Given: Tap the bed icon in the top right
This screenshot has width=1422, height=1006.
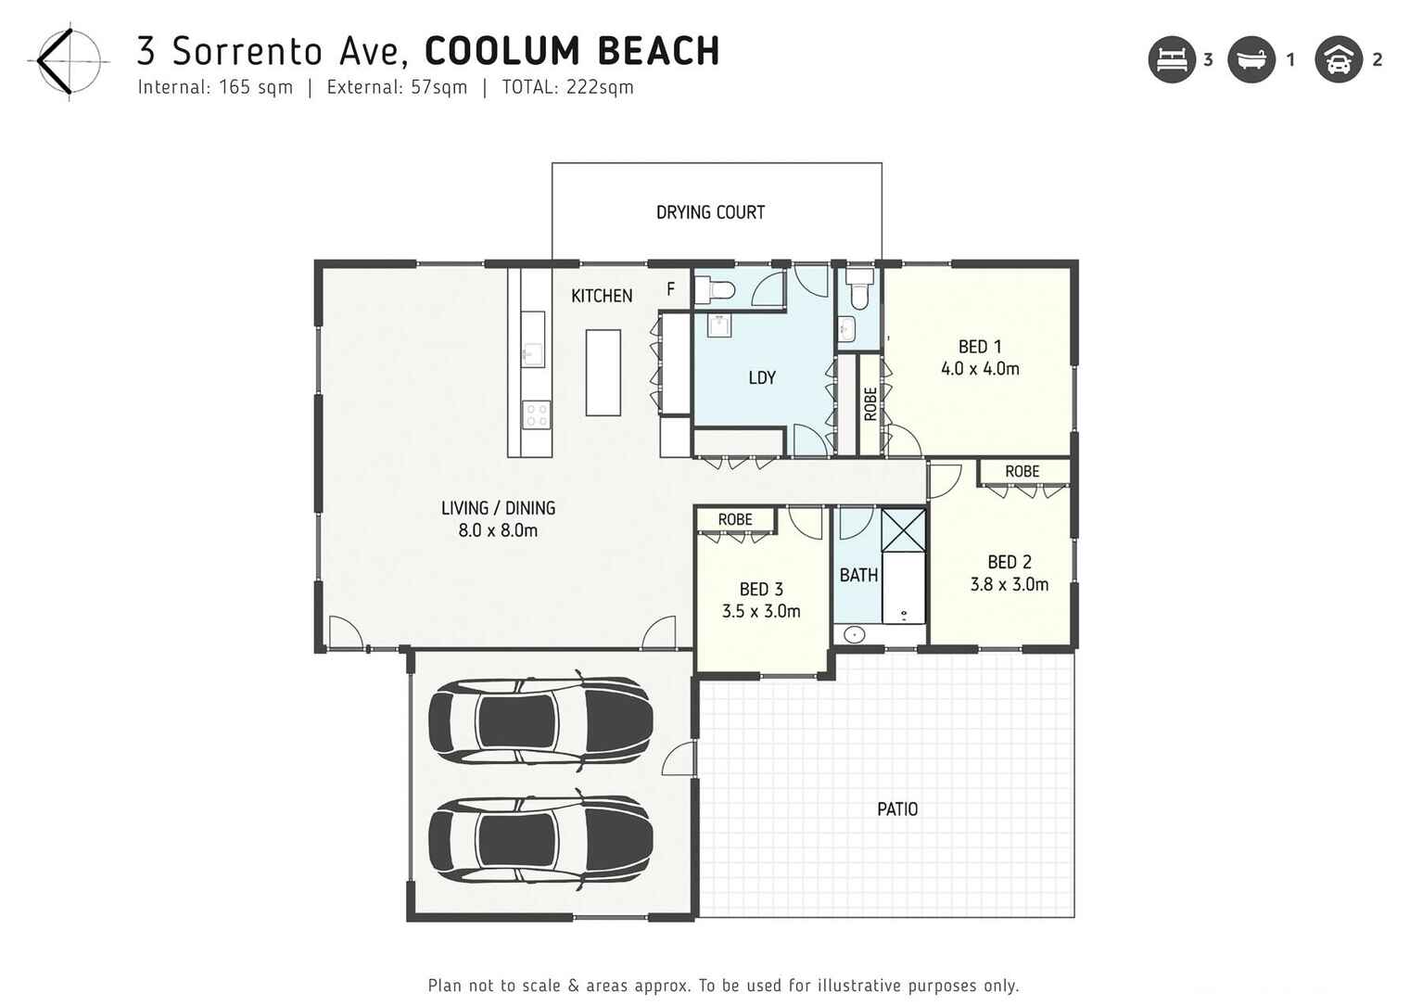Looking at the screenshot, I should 1172,60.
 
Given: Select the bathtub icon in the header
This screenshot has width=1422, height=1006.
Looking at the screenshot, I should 1251,60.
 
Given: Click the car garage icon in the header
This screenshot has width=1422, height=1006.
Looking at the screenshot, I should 1338,60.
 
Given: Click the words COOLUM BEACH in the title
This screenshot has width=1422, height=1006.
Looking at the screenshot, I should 572,51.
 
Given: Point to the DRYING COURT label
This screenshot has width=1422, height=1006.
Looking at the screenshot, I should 710,212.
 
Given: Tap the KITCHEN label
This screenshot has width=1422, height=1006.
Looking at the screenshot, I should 602,296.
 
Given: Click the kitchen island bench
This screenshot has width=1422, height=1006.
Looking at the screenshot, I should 603,373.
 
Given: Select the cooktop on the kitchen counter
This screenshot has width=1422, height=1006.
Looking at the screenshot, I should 536,414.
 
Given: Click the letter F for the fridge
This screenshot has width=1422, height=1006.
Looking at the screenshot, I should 670,289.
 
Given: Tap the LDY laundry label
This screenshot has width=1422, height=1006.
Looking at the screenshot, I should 761,377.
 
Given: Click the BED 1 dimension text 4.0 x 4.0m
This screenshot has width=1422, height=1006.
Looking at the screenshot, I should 980,369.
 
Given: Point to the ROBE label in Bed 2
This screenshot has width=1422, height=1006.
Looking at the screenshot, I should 1022,472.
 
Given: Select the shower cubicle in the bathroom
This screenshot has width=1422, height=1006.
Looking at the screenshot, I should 903,529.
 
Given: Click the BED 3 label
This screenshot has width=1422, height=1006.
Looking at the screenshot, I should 761,590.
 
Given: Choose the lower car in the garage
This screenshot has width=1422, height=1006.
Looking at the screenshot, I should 540,839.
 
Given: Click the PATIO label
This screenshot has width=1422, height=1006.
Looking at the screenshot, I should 896,809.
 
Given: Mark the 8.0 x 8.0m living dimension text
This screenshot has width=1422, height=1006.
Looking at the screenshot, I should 498,531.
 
